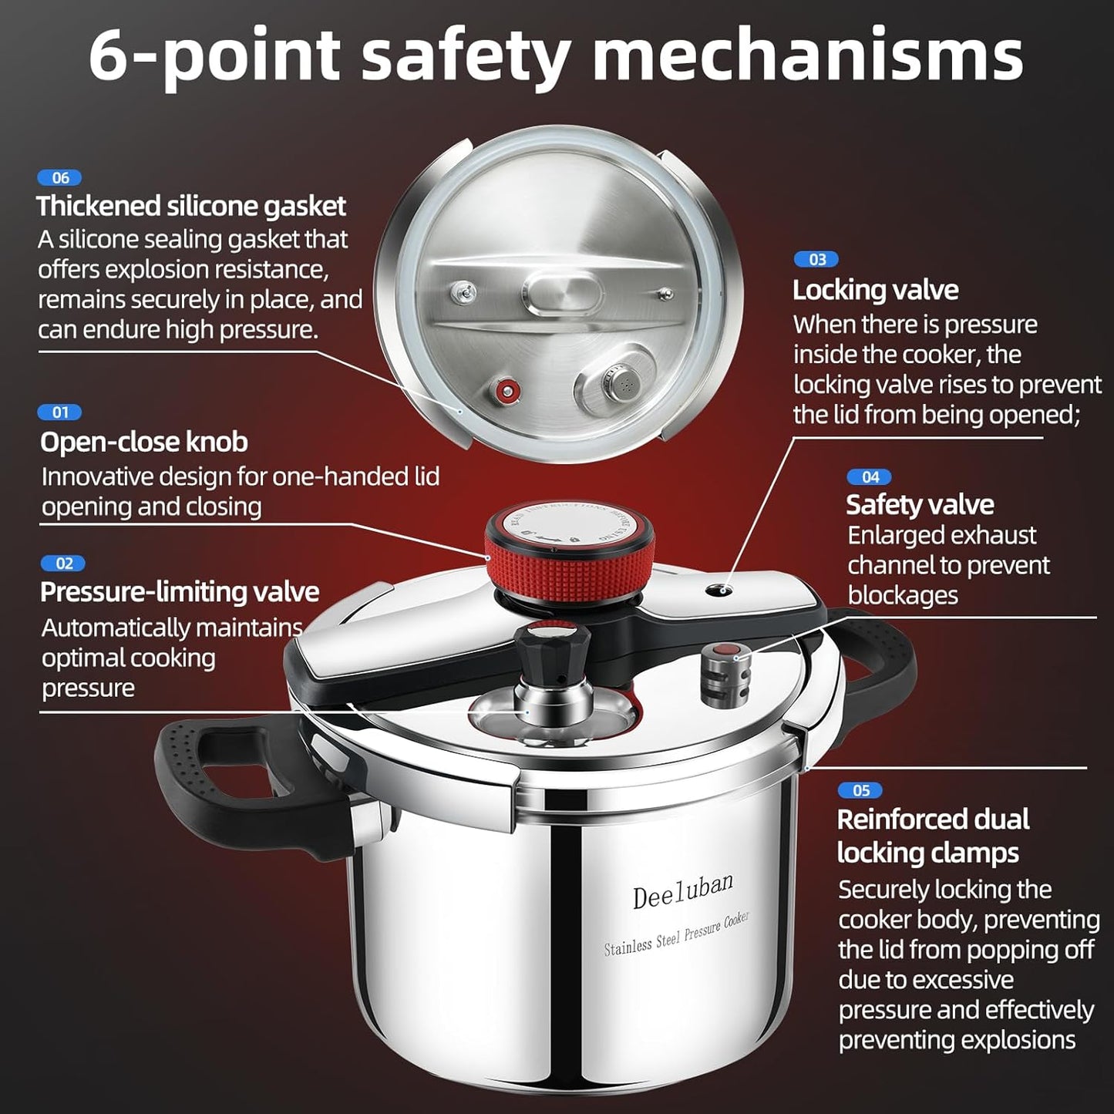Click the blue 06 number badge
pyautogui.click(x=59, y=178)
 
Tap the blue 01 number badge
pyautogui.click(x=59, y=412)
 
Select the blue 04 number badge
pyautogui.click(x=869, y=477)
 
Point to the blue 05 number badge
pyautogui.click(x=860, y=790)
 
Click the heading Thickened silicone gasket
pyautogui.click(x=190, y=207)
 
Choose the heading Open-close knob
pyautogui.click(x=143, y=443)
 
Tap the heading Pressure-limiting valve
pyautogui.click(x=179, y=592)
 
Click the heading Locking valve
pyautogui.click(x=875, y=291)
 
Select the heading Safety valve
pyautogui.click(x=919, y=505)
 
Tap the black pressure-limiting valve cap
pyautogui.click(x=553, y=648)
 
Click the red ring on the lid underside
pyautogui.click(x=507, y=391)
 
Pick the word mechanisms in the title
pyautogui.click(x=807, y=56)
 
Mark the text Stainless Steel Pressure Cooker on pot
pyautogui.click(x=676, y=934)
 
